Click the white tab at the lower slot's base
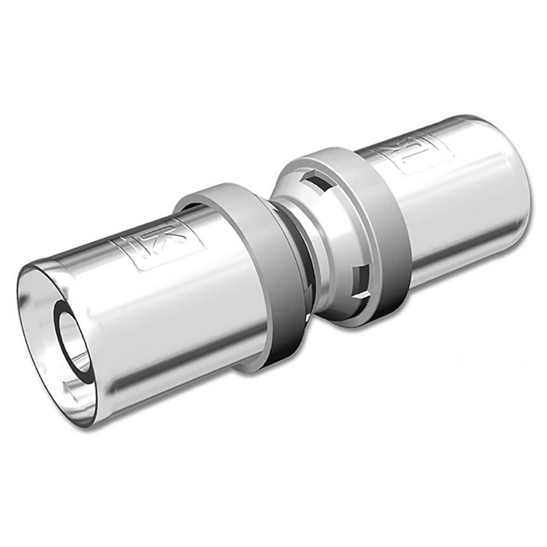361,296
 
